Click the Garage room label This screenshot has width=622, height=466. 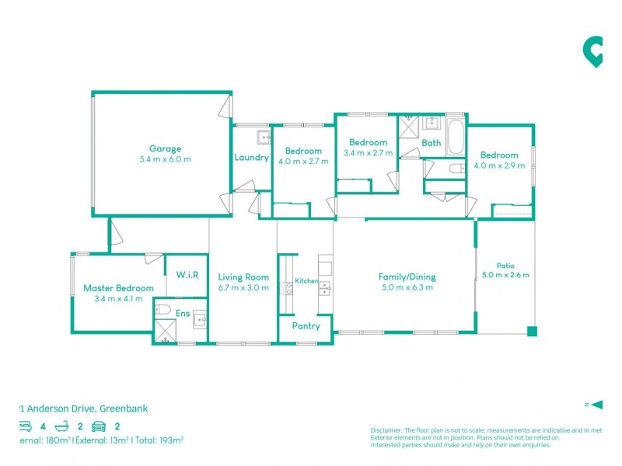165,148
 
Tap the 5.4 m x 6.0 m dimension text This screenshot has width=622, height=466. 165,159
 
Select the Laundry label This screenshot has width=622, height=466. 251,158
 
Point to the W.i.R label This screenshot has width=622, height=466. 187,274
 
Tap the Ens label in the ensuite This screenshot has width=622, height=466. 182,313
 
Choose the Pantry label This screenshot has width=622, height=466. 306,326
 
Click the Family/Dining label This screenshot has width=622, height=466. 407,276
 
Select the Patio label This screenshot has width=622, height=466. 505,265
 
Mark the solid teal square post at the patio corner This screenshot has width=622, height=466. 532,332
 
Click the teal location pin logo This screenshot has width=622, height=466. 593,51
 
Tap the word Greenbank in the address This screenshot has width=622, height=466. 124,409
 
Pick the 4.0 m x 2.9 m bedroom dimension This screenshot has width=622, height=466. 498,166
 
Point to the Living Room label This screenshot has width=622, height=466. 243,276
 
